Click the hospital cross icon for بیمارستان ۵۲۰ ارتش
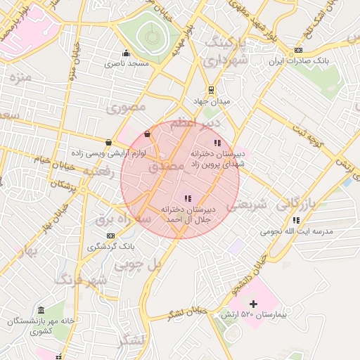(254, 303)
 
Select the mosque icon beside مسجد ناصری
(126, 53)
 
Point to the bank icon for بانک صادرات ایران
(299, 50)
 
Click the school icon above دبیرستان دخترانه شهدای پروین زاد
(217, 143)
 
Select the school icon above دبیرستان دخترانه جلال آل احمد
(187, 199)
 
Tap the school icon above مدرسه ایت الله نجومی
(296, 220)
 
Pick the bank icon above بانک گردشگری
(110, 236)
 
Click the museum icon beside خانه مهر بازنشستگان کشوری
(41, 310)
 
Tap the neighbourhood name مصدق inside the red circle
(166, 167)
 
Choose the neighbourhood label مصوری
(127, 108)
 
